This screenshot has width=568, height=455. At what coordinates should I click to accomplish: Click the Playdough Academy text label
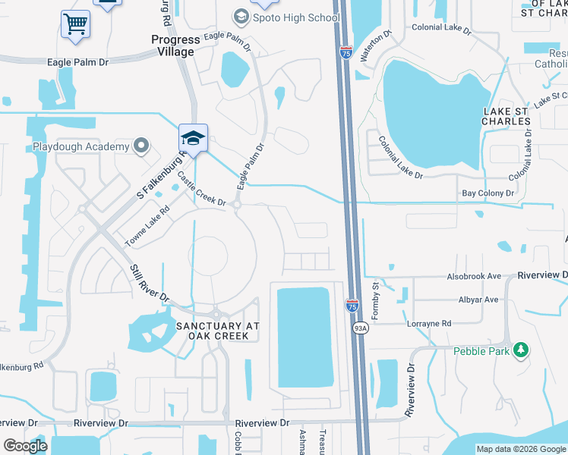coord(82,146)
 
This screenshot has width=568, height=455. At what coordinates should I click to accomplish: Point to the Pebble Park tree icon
coord(520,350)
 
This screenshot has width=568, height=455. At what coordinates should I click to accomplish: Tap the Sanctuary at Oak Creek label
coord(218,330)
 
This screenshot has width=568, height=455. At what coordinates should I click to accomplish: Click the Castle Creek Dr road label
coord(202,190)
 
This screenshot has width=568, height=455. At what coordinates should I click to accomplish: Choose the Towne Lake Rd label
coord(147,227)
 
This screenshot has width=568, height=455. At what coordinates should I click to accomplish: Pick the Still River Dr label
coord(149,283)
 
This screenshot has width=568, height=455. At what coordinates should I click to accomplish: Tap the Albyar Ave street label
coord(478,300)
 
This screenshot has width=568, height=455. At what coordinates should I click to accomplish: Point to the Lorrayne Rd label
coord(429,323)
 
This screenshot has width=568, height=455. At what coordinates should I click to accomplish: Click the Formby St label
coord(375,294)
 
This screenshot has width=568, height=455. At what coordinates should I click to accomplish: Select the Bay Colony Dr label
coord(488,193)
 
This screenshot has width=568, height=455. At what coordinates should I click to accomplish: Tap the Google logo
coord(25,446)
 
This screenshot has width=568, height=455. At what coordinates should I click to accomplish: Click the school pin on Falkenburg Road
coord(193,140)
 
